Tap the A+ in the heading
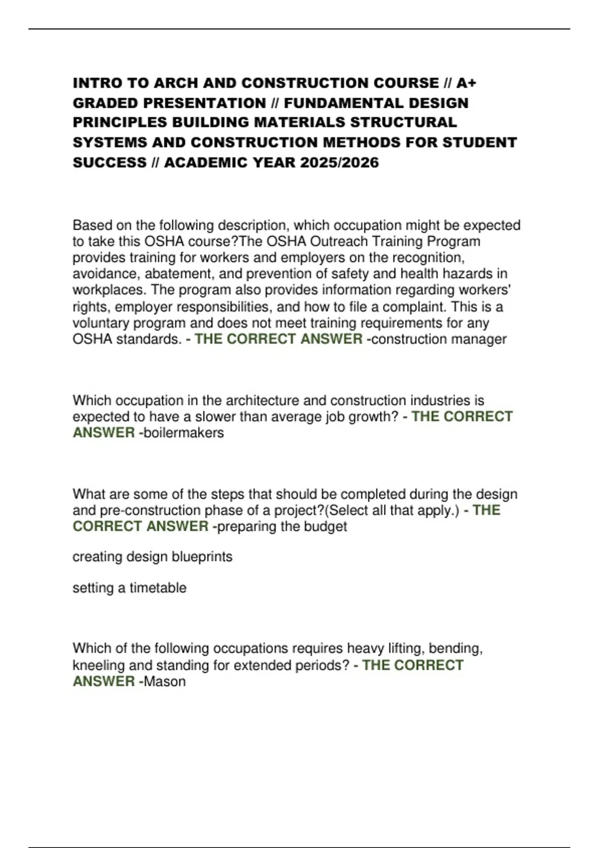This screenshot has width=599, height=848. point(466,83)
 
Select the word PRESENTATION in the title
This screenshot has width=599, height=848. point(205,103)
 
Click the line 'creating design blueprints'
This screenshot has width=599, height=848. point(152,557)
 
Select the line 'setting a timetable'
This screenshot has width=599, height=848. point(129,588)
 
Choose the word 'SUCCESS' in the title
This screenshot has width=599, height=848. point(110,163)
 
